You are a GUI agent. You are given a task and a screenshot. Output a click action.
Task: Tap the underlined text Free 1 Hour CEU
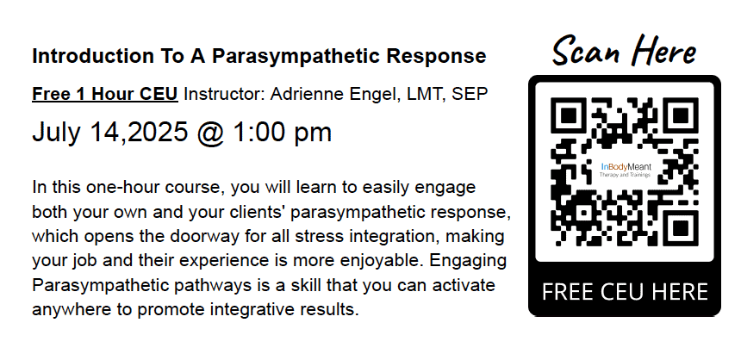point(105,93)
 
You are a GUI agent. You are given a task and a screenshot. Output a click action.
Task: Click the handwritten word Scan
point(585,52)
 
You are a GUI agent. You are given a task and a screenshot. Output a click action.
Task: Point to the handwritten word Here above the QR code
point(662,52)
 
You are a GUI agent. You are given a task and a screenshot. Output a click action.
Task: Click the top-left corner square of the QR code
point(569,116)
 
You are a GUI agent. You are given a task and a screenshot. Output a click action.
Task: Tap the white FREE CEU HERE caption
point(624,292)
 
